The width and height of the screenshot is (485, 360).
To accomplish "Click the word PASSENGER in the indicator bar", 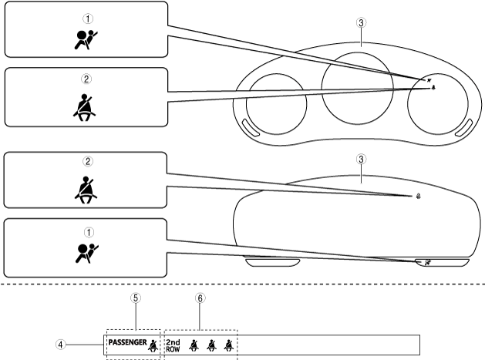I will tap(126, 341).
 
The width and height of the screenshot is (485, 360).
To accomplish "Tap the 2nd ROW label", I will tap(173, 345).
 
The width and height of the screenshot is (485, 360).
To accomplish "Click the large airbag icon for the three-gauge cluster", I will tap(86, 41).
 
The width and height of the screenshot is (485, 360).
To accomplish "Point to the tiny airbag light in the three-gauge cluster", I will tap(428, 79).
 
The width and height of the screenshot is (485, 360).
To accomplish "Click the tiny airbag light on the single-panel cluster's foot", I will tap(426, 262).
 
